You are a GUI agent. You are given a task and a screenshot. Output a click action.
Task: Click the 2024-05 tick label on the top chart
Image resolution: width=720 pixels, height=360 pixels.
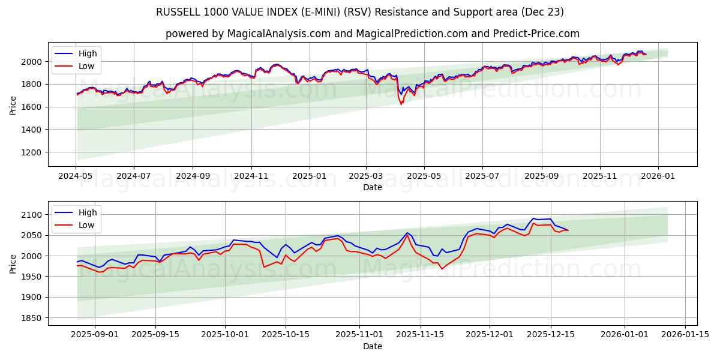point(76,176)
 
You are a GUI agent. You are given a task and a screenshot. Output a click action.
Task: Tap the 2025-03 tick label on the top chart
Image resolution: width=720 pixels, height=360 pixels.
point(366,176)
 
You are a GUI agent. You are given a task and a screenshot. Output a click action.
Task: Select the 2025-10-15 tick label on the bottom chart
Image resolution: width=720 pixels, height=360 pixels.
point(285,334)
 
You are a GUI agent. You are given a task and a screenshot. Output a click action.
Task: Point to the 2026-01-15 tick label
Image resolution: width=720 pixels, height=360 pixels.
point(685,334)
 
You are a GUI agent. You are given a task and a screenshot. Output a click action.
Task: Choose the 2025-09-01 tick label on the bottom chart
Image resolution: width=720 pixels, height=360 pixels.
point(95,334)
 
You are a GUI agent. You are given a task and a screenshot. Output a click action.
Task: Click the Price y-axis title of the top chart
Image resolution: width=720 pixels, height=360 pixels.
point(13,105)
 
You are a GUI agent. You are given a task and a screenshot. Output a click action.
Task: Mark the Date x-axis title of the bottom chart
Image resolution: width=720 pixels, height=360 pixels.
point(373,346)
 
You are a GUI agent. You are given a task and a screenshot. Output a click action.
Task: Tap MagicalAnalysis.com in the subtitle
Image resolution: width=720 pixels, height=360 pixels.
point(279,34)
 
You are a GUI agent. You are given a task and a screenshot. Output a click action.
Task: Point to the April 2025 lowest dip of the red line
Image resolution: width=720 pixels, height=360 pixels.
point(401,104)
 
